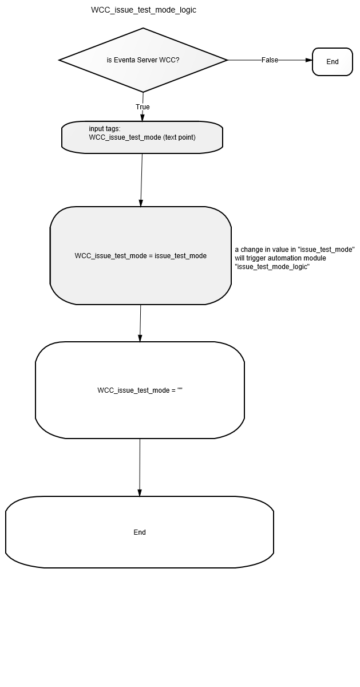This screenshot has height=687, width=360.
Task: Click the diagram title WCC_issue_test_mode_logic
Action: tap(144, 10)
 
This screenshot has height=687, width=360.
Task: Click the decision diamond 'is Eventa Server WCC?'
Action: tap(143, 60)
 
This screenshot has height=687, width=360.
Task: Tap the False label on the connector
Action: tap(270, 60)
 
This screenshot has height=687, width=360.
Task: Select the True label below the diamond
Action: tap(143, 106)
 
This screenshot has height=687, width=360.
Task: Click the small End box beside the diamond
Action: tap(333, 62)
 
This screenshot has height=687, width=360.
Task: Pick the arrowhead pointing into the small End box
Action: tap(309, 60)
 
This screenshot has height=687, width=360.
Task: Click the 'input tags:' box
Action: tap(142, 137)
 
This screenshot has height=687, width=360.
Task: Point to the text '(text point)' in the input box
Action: tap(179, 137)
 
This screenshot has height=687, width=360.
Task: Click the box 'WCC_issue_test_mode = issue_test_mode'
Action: tap(140, 255)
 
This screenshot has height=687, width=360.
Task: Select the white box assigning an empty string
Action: tap(140, 390)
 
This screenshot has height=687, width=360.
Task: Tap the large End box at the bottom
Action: tap(140, 532)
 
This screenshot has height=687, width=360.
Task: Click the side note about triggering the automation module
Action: tap(295, 258)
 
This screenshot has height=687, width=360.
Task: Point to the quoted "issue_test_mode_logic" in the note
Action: tap(272, 267)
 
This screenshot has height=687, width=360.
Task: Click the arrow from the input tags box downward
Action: tap(141, 180)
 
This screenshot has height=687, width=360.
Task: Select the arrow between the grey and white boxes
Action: tap(140, 323)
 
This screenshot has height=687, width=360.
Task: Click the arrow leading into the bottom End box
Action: tap(140, 467)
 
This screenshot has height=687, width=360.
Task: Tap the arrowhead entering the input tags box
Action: tap(143, 118)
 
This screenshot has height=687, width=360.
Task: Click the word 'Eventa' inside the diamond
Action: tap(125, 60)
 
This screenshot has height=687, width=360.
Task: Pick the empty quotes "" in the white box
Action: tap(180, 389)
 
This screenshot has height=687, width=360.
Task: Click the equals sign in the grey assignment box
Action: tap(151, 256)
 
